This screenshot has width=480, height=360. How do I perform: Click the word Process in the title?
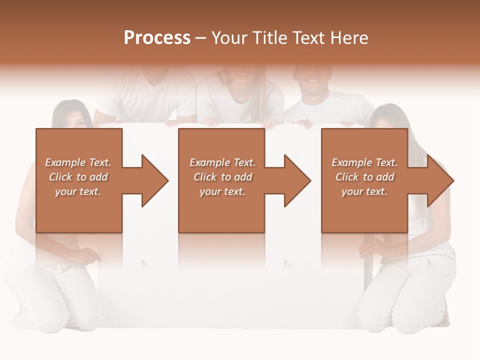click(157, 38)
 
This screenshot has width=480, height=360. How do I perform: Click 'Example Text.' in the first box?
click(78, 162)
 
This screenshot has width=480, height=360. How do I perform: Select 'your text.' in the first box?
click(78, 191)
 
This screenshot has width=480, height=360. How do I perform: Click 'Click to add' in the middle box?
click(222, 177)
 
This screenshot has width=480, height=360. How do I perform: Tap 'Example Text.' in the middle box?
click(222, 162)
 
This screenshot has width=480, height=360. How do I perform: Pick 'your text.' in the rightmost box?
click(364, 191)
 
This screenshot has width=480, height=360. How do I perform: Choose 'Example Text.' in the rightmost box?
click(364, 162)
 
